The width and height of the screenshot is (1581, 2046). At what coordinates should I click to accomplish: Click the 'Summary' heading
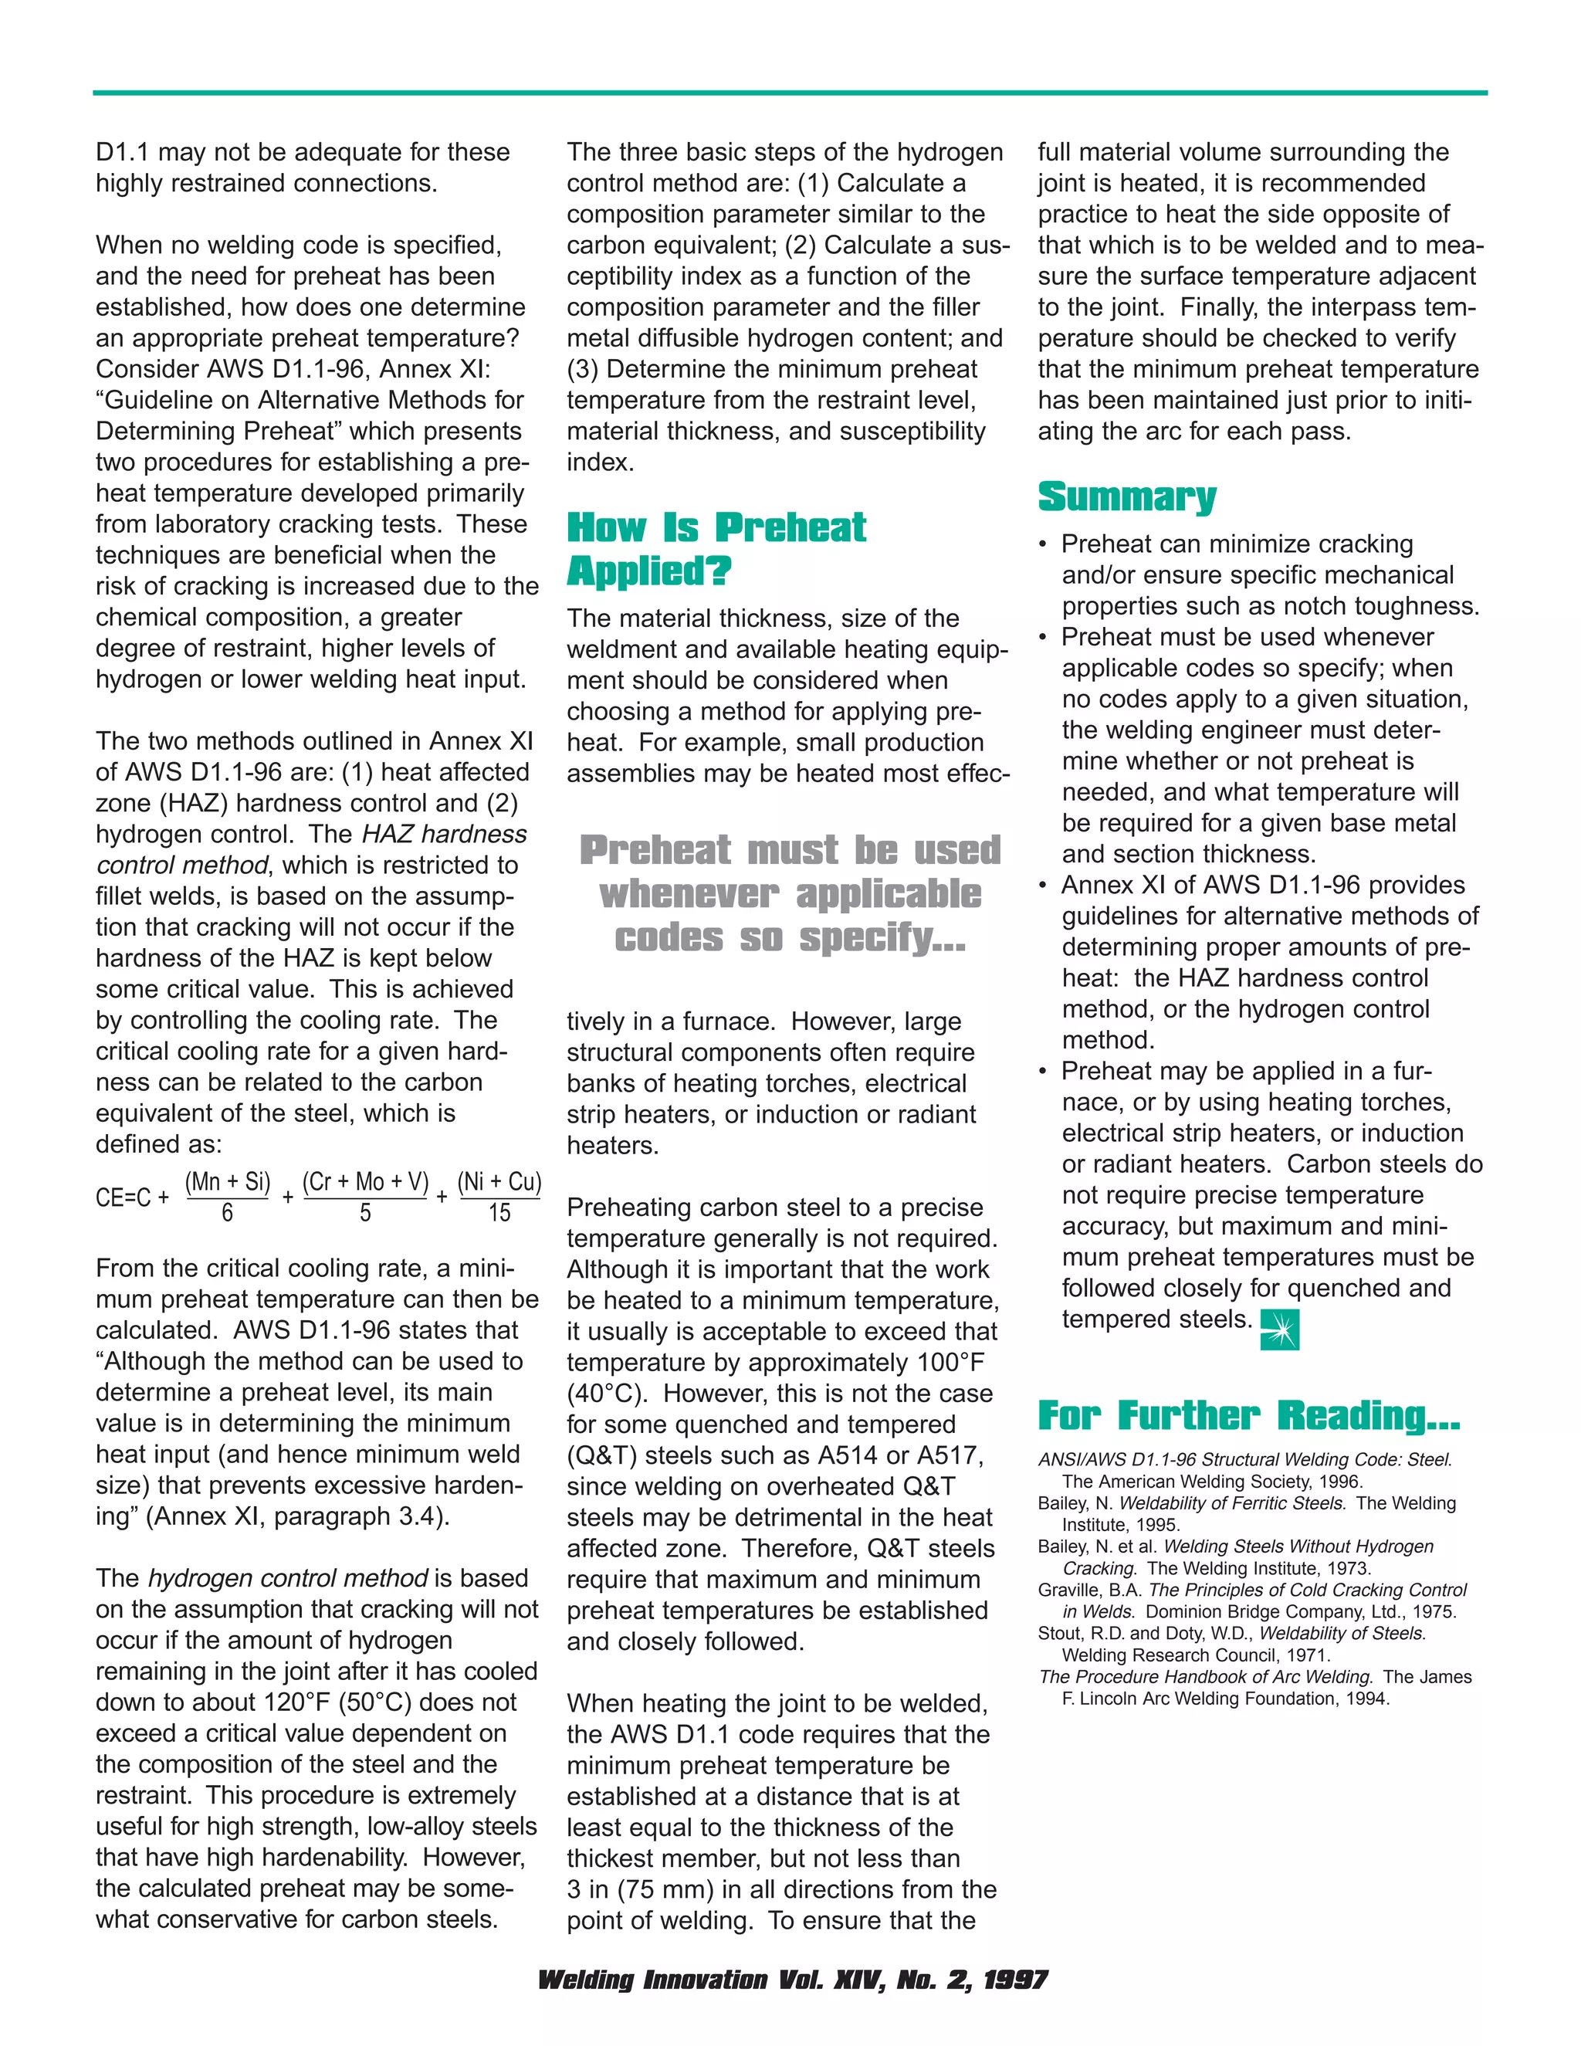click(1127, 496)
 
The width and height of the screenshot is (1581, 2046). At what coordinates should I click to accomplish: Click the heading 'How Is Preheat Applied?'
click(716, 549)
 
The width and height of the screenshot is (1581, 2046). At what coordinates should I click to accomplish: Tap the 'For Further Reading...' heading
click(1248, 1415)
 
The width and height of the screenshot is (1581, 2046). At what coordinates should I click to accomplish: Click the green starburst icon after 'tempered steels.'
click(1279, 1330)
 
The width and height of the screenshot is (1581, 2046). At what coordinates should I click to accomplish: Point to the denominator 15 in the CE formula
click(499, 1213)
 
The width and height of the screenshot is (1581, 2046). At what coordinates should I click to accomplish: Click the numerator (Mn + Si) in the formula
click(228, 1181)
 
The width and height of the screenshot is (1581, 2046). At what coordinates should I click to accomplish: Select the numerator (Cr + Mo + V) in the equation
click(365, 1181)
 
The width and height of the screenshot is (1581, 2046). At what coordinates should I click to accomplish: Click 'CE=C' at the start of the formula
click(123, 1198)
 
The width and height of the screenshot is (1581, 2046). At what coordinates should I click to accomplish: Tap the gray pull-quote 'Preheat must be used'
click(790, 851)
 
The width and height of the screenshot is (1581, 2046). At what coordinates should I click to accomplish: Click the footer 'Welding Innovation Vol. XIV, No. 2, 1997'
click(791, 1980)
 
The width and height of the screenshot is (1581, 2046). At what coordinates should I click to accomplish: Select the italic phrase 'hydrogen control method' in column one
click(287, 1579)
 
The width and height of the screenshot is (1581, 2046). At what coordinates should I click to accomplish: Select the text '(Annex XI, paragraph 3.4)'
click(298, 1516)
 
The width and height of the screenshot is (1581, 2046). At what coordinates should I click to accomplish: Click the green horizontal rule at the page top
click(790, 93)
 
